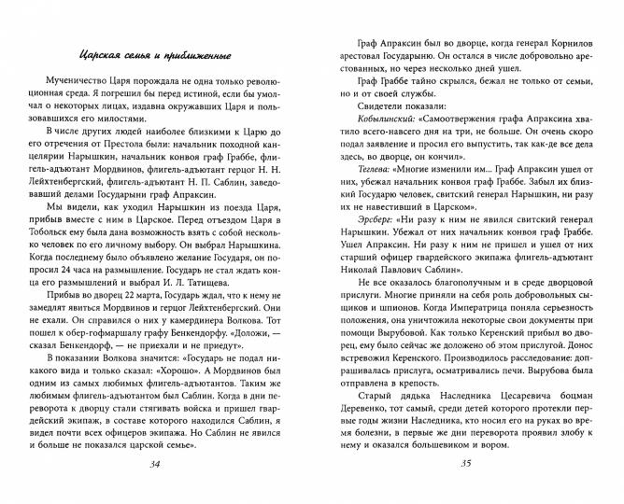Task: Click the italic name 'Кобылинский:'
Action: coord(387,121)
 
